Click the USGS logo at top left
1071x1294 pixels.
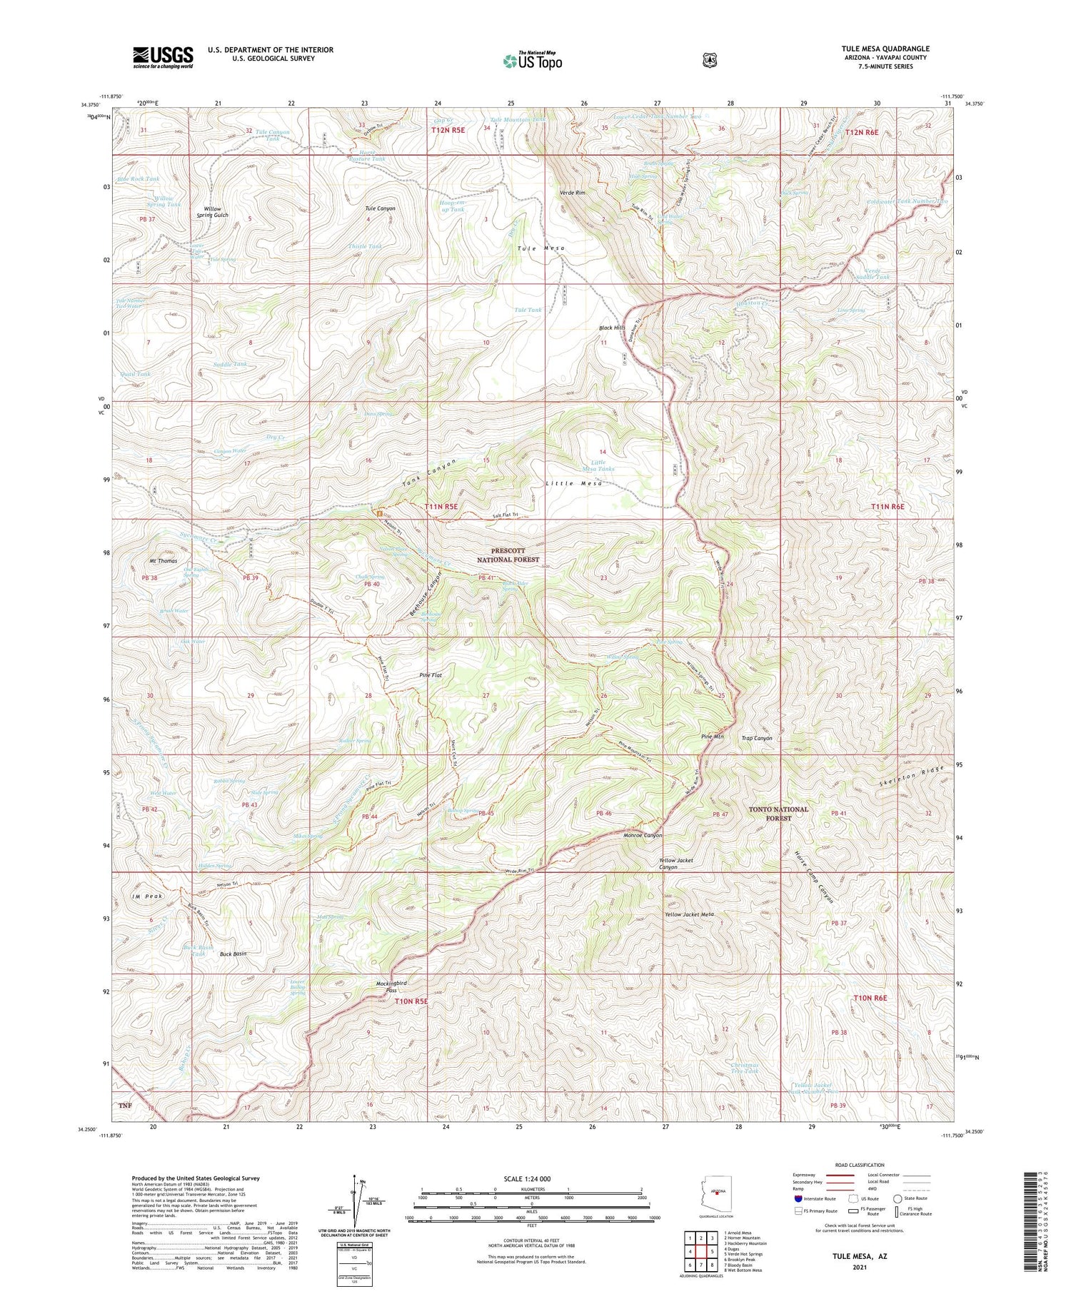click(x=163, y=57)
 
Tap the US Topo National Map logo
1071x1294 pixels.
click(x=533, y=61)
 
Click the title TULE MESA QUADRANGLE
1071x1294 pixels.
click(x=885, y=49)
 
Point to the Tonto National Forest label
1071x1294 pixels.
click(x=778, y=814)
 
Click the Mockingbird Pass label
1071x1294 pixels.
click(x=391, y=986)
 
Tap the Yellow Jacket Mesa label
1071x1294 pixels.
click(x=689, y=914)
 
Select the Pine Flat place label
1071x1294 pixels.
click(x=431, y=674)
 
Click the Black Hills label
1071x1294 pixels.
click(x=612, y=328)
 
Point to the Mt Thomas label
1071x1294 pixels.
click(x=164, y=561)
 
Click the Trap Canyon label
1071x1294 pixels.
click(x=757, y=738)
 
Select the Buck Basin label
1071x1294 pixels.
click(x=233, y=954)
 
